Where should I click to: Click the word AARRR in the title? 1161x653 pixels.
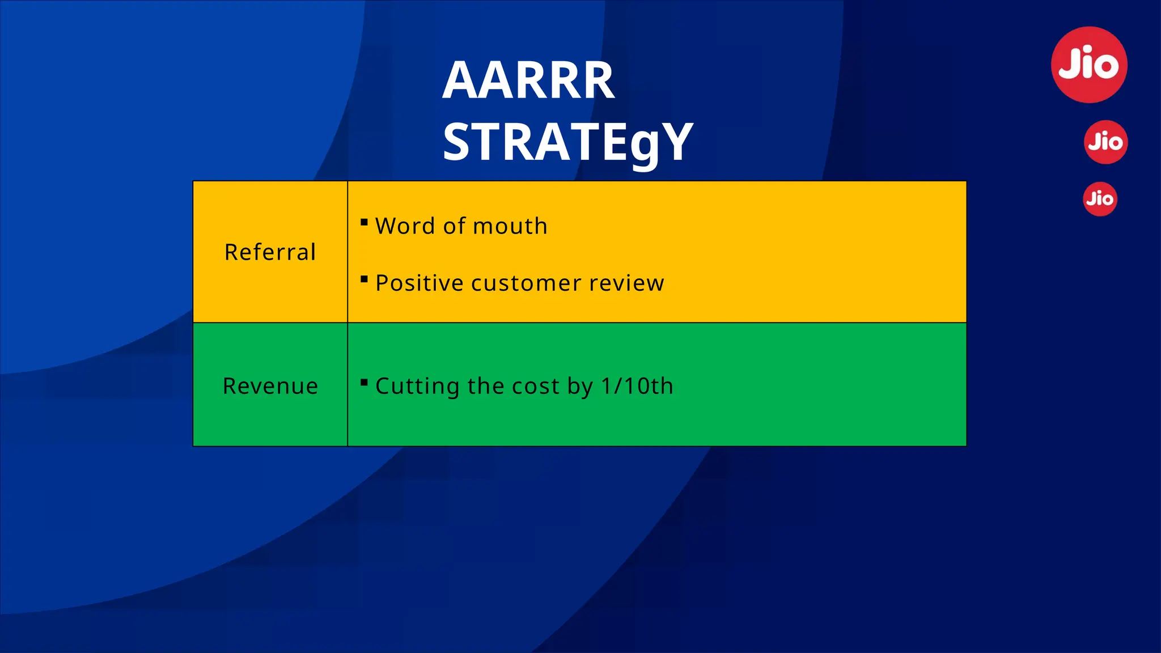528,81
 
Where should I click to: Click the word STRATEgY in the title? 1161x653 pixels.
568,142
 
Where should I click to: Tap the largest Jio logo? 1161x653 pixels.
1089,65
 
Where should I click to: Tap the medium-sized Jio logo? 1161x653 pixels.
1105,142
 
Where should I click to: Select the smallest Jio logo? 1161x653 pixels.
1100,199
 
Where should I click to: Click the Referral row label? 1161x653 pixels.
270,252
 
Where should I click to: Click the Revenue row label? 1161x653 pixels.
270,386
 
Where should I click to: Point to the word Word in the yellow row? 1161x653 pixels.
405,226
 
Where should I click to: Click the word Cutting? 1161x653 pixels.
417,387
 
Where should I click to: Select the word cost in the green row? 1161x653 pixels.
536,387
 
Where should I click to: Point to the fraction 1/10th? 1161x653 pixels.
637,387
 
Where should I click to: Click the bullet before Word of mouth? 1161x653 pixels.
365,222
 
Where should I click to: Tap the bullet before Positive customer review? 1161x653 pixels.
365,279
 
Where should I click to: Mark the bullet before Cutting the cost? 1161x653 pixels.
365,382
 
